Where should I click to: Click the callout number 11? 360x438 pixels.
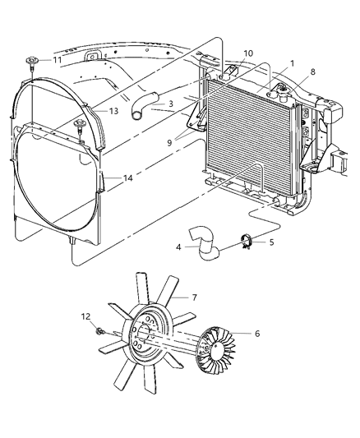pos(57,60)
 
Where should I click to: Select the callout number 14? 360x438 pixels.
pos(114,178)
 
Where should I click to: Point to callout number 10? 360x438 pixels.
pos(247,53)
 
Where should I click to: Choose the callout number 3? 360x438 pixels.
pos(168,104)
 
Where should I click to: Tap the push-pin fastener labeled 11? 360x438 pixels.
pos(35,60)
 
